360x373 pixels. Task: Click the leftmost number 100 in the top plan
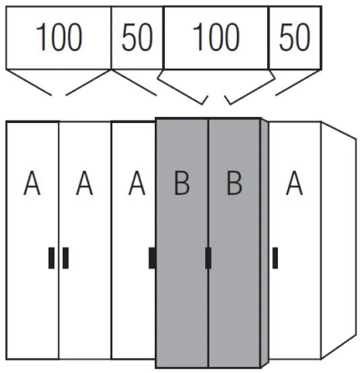(x=59, y=37)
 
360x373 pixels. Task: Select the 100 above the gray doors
(x=216, y=37)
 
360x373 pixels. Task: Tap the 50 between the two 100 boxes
(x=137, y=37)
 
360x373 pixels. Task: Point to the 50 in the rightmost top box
(x=295, y=37)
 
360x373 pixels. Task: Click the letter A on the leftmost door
(x=32, y=183)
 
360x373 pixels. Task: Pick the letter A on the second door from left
(x=85, y=183)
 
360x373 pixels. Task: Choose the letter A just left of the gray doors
(x=136, y=183)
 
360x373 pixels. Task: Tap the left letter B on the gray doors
(x=182, y=183)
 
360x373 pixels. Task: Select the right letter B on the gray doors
(x=234, y=183)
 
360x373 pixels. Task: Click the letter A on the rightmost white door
(x=295, y=183)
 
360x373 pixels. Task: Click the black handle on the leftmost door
(x=51, y=258)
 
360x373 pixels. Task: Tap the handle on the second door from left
(x=65, y=258)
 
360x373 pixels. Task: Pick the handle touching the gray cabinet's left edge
(x=152, y=258)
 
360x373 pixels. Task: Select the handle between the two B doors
(x=208, y=258)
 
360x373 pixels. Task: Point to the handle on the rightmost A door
(x=275, y=258)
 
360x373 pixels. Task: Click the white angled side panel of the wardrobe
(x=338, y=240)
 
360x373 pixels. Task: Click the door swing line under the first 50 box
(x=134, y=83)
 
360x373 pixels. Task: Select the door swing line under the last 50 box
(x=297, y=83)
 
